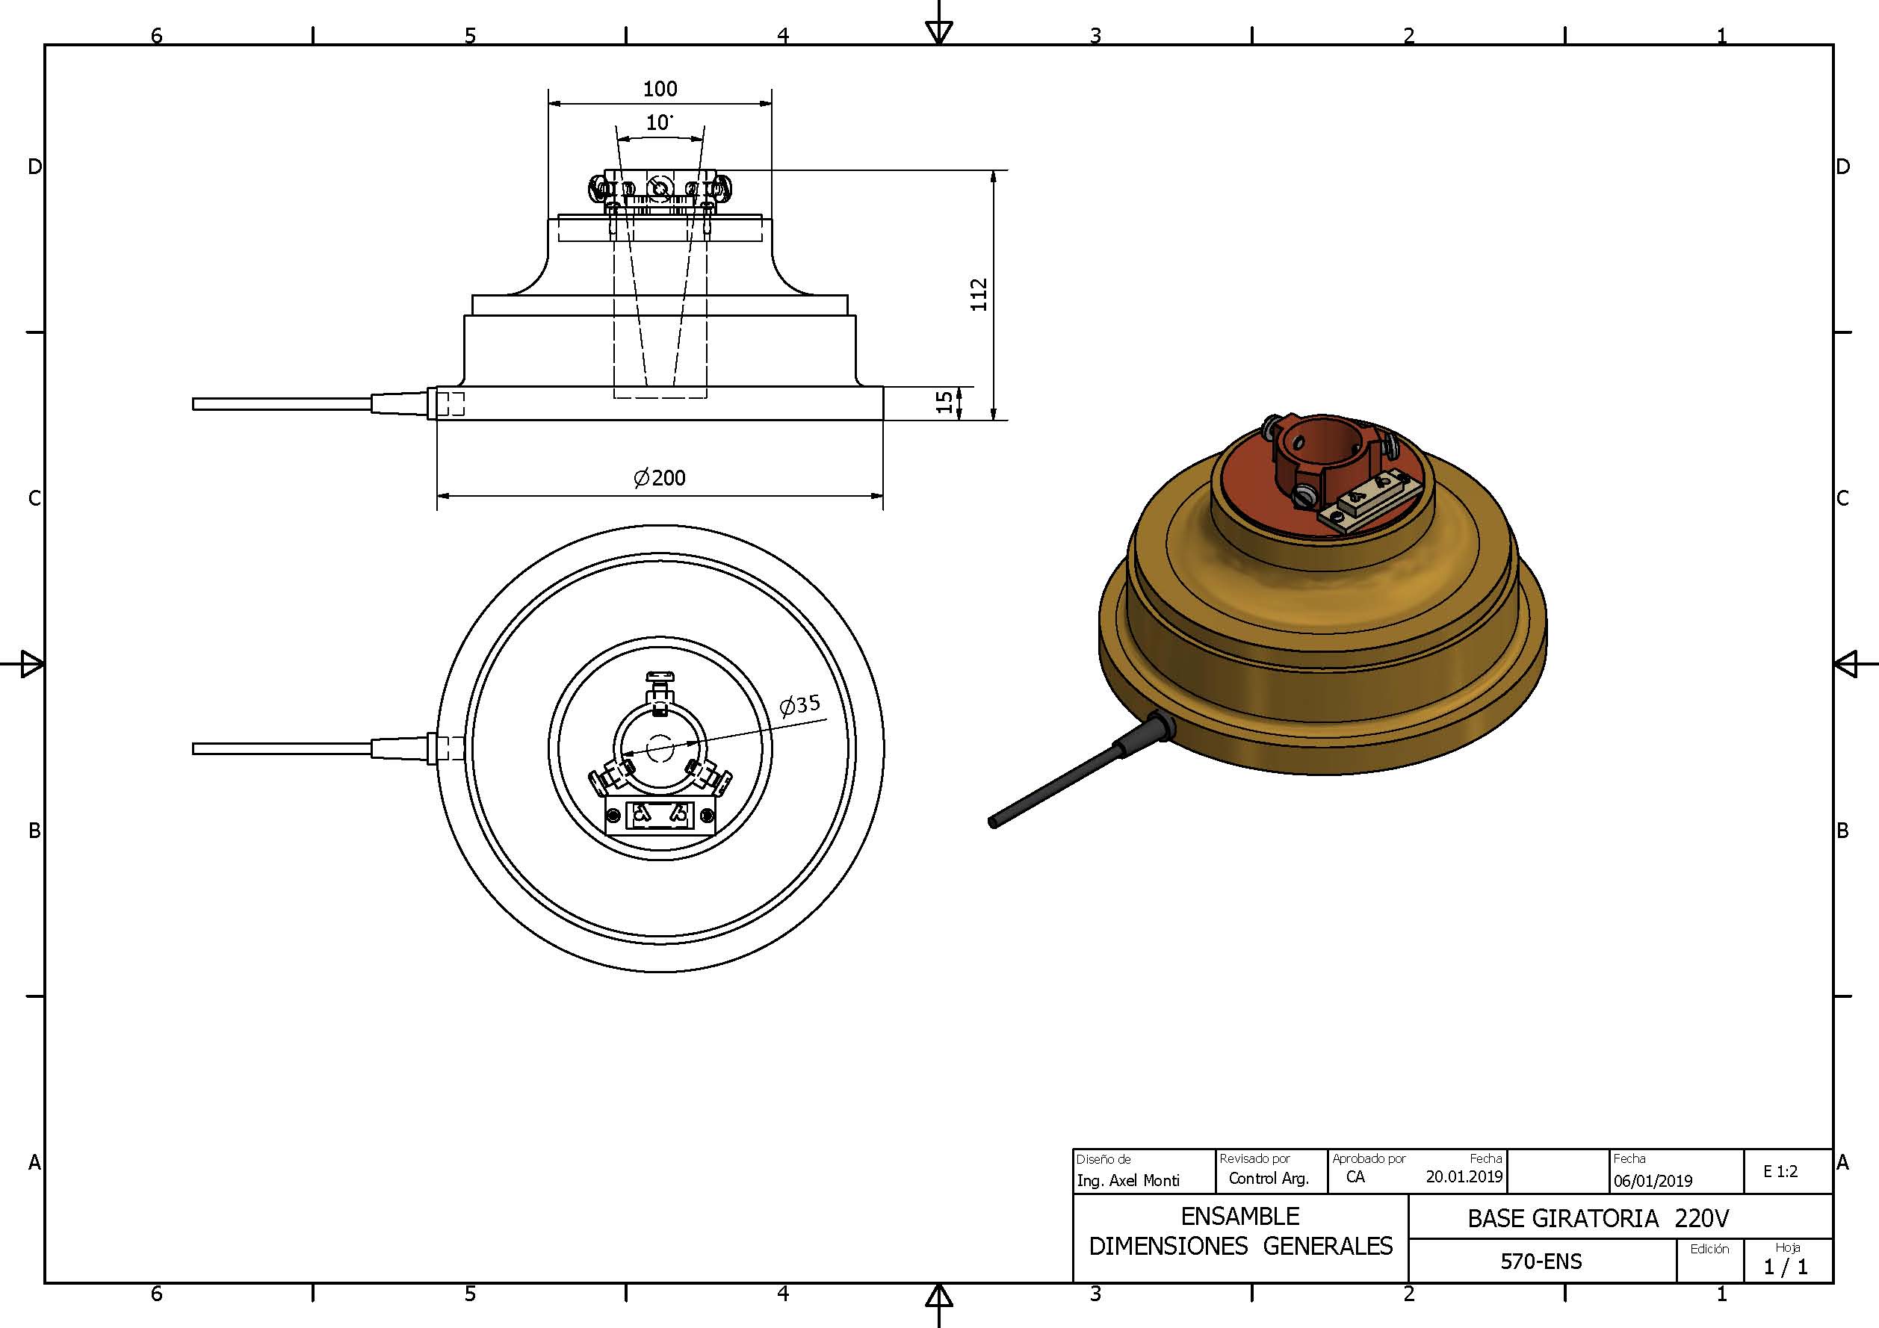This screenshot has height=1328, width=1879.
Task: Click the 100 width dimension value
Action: [x=660, y=88]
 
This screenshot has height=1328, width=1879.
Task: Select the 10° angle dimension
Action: [x=659, y=122]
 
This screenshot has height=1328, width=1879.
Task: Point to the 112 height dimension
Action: [x=979, y=294]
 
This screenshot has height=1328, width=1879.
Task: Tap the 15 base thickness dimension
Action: [x=944, y=402]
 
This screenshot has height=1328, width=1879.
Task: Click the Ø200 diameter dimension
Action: [x=660, y=478]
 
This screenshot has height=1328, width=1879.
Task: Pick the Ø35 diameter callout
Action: [x=799, y=704]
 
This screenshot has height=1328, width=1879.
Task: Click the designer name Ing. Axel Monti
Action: [x=1127, y=1180]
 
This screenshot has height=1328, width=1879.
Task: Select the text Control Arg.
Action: [x=1269, y=1179]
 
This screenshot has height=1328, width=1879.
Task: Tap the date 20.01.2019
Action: [x=1464, y=1176]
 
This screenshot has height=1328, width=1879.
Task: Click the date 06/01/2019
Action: [x=1653, y=1181]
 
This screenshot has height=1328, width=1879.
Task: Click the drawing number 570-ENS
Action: [x=1541, y=1261]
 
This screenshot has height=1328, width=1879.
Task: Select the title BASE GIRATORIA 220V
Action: [x=1597, y=1218]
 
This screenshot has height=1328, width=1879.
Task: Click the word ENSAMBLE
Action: [x=1240, y=1216]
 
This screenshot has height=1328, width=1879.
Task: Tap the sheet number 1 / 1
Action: [x=1786, y=1268]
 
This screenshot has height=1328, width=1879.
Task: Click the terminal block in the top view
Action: [x=660, y=815]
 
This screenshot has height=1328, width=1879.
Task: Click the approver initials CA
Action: [x=1355, y=1176]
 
